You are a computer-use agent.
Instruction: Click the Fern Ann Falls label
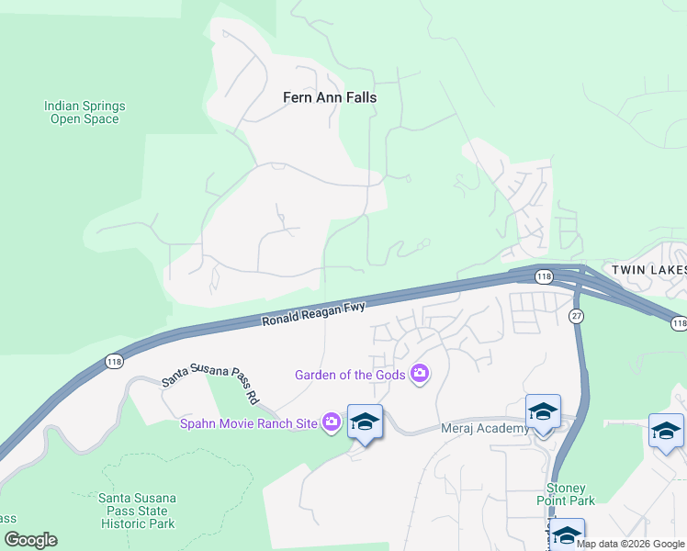tap(329, 97)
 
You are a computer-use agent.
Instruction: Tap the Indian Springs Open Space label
tap(84, 112)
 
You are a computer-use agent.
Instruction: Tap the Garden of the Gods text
tap(352, 374)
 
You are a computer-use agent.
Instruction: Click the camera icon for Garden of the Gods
tap(420, 373)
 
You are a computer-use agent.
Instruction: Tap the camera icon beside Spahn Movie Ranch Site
tap(332, 422)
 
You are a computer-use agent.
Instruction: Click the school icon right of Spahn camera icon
tap(365, 422)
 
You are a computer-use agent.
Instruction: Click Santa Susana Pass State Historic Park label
tap(137, 511)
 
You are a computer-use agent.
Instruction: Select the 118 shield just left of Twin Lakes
tap(544, 276)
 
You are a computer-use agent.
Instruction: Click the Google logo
tap(30, 540)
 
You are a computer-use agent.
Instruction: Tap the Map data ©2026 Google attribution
tap(630, 544)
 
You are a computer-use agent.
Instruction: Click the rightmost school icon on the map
tap(666, 430)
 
